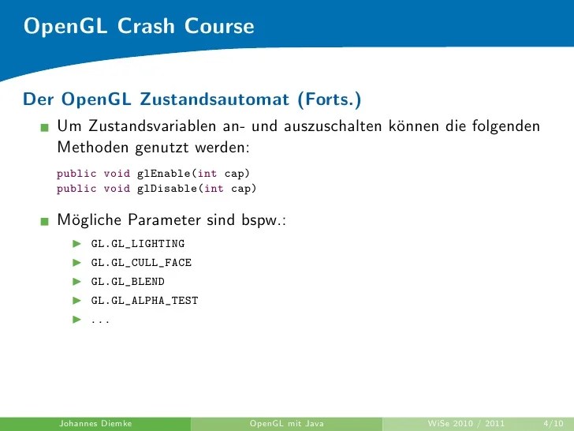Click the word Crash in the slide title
[x=147, y=26]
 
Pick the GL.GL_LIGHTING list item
[x=138, y=243]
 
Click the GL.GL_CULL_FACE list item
[x=141, y=262]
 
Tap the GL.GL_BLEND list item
[x=128, y=281]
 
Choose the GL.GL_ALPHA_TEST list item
[x=144, y=300]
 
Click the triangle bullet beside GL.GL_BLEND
[x=77, y=281]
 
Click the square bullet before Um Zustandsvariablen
[x=46, y=127]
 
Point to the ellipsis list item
[x=100, y=320]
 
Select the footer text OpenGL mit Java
[x=286, y=423]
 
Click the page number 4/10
[x=542, y=423]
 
